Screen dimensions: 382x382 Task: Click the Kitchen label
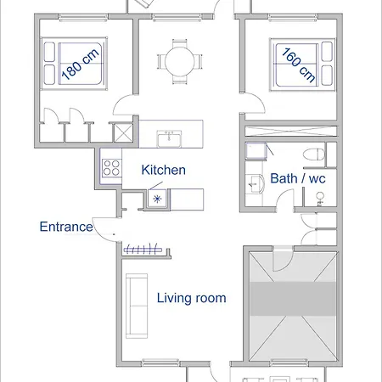tap(164, 170)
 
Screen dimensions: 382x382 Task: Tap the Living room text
tap(192, 298)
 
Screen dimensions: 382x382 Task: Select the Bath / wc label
tap(298, 178)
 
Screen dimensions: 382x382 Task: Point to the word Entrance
tap(66, 227)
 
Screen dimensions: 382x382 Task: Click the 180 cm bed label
tap(80, 65)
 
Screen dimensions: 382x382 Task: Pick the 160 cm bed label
tap(298, 65)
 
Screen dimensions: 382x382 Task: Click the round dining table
tap(180, 62)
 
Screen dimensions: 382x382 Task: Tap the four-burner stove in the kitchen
tap(111, 167)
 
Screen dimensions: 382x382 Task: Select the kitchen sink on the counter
tap(169, 138)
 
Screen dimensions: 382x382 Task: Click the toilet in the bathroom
tap(314, 154)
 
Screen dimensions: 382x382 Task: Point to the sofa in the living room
tap(137, 306)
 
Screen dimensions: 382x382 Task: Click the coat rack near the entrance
tap(142, 249)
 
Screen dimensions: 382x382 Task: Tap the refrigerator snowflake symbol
tap(157, 199)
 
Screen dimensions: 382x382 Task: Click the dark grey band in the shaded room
tap(293, 299)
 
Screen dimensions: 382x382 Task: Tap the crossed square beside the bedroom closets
tap(123, 133)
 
